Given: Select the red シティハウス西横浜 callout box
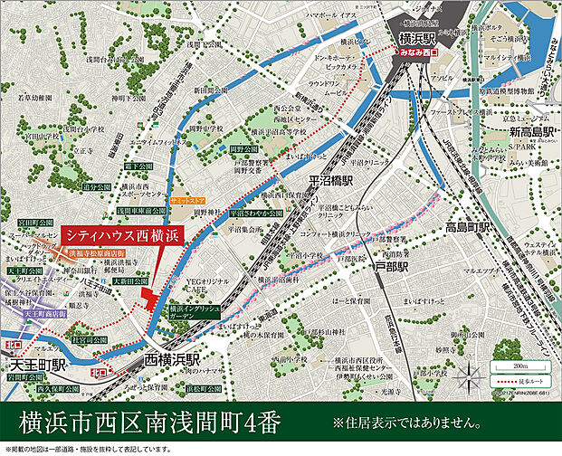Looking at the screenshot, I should [122, 234].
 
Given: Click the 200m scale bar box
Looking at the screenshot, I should [512, 366].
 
